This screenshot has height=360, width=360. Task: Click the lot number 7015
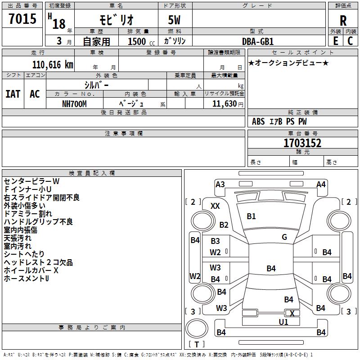pyautogui.click(x=22, y=19)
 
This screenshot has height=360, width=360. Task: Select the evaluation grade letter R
pyautogui.click(x=343, y=20)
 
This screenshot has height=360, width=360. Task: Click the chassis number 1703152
pyautogui.click(x=302, y=143)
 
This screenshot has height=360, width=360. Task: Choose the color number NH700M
pyautogui.click(x=75, y=103)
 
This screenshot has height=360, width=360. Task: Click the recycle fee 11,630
pyautogui.click(x=224, y=103)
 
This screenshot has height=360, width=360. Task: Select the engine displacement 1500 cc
pyautogui.click(x=137, y=41)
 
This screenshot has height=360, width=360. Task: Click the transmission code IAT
pyautogui.click(x=13, y=94)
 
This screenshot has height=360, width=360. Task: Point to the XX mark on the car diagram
pyautogui.click(x=216, y=206)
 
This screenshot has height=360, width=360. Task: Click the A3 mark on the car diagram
pyautogui.click(x=220, y=184)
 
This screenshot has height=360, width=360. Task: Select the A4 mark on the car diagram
pyautogui.click(x=321, y=184)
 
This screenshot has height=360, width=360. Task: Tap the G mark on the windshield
pyautogui.click(x=284, y=237)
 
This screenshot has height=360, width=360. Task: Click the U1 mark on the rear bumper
pyautogui.click(x=283, y=322)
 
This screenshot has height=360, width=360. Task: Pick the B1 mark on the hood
pyautogui.click(x=251, y=216)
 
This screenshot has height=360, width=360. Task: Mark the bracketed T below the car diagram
pyautogui.click(x=196, y=344)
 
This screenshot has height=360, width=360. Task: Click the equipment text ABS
pyautogui.click(x=258, y=121)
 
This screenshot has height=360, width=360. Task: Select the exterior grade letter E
pyautogui.click(x=335, y=40)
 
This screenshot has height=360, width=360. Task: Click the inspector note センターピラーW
pyautogui.click(x=31, y=181)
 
